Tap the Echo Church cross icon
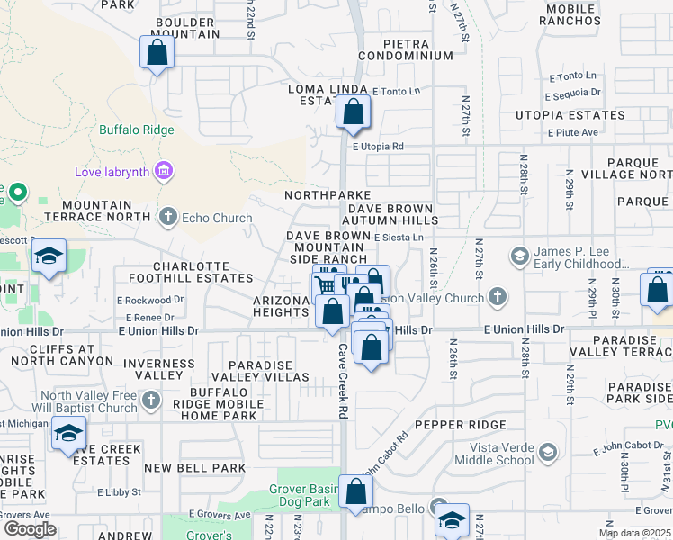pyautogui.click(x=167, y=216)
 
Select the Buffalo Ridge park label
pyautogui.click(x=136, y=130)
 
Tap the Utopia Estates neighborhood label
pyautogui.click(x=570, y=115)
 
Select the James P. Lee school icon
pyautogui.click(x=518, y=256)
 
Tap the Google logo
pyautogui.click(x=30, y=529)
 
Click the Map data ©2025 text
pyautogui.click(x=634, y=533)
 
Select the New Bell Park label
pyautogui.click(x=194, y=468)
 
